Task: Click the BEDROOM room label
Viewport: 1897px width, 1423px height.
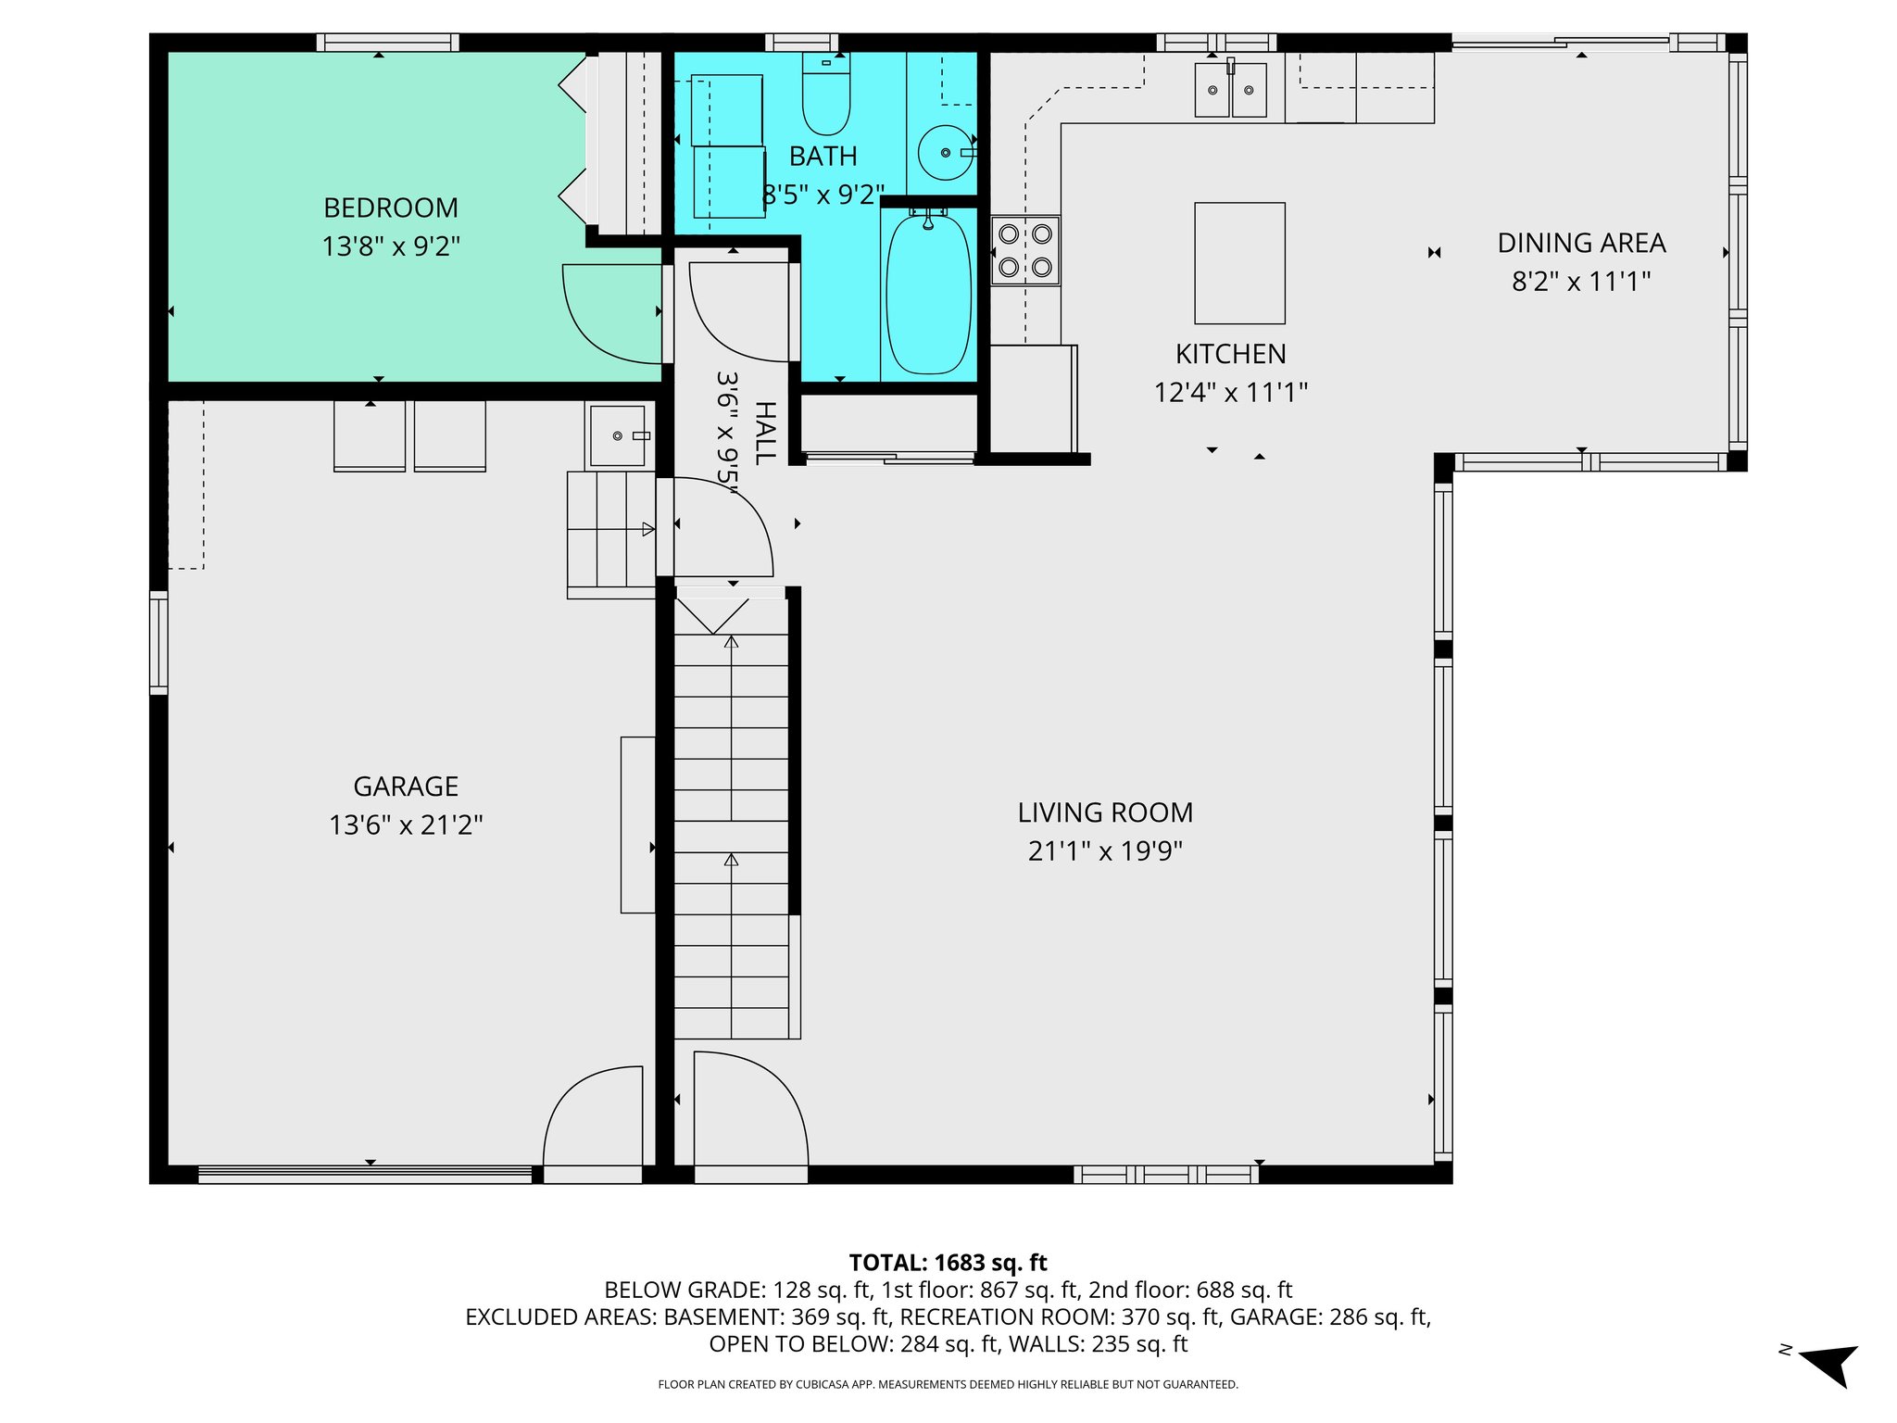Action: click(390, 208)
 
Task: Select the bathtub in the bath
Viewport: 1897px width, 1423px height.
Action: click(928, 293)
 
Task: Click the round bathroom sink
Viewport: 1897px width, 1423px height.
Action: click(945, 153)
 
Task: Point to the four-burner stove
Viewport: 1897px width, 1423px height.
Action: click(1024, 250)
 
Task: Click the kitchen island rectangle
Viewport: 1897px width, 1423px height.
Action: click(1238, 263)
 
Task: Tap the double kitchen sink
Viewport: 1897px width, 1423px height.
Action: click(1230, 90)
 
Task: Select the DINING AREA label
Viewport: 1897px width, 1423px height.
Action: click(1581, 243)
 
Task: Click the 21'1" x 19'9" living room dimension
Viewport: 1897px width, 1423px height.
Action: click(1105, 850)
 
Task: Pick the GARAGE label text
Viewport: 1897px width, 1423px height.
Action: click(406, 787)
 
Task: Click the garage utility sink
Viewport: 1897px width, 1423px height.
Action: click(618, 435)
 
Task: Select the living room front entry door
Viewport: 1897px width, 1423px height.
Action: click(749, 1112)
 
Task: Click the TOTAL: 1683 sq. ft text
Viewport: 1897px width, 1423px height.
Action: click(948, 1263)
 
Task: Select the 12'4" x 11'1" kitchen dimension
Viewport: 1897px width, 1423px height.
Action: click(1230, 393)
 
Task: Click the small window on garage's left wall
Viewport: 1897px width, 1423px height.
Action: click(158, 643)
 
